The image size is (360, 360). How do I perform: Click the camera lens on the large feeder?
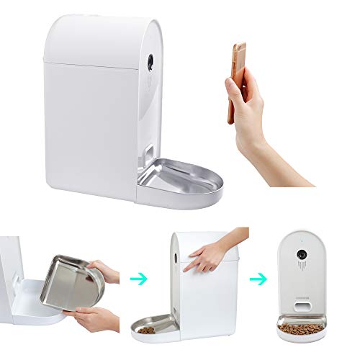pyautogui.click(x=149, y=62)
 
